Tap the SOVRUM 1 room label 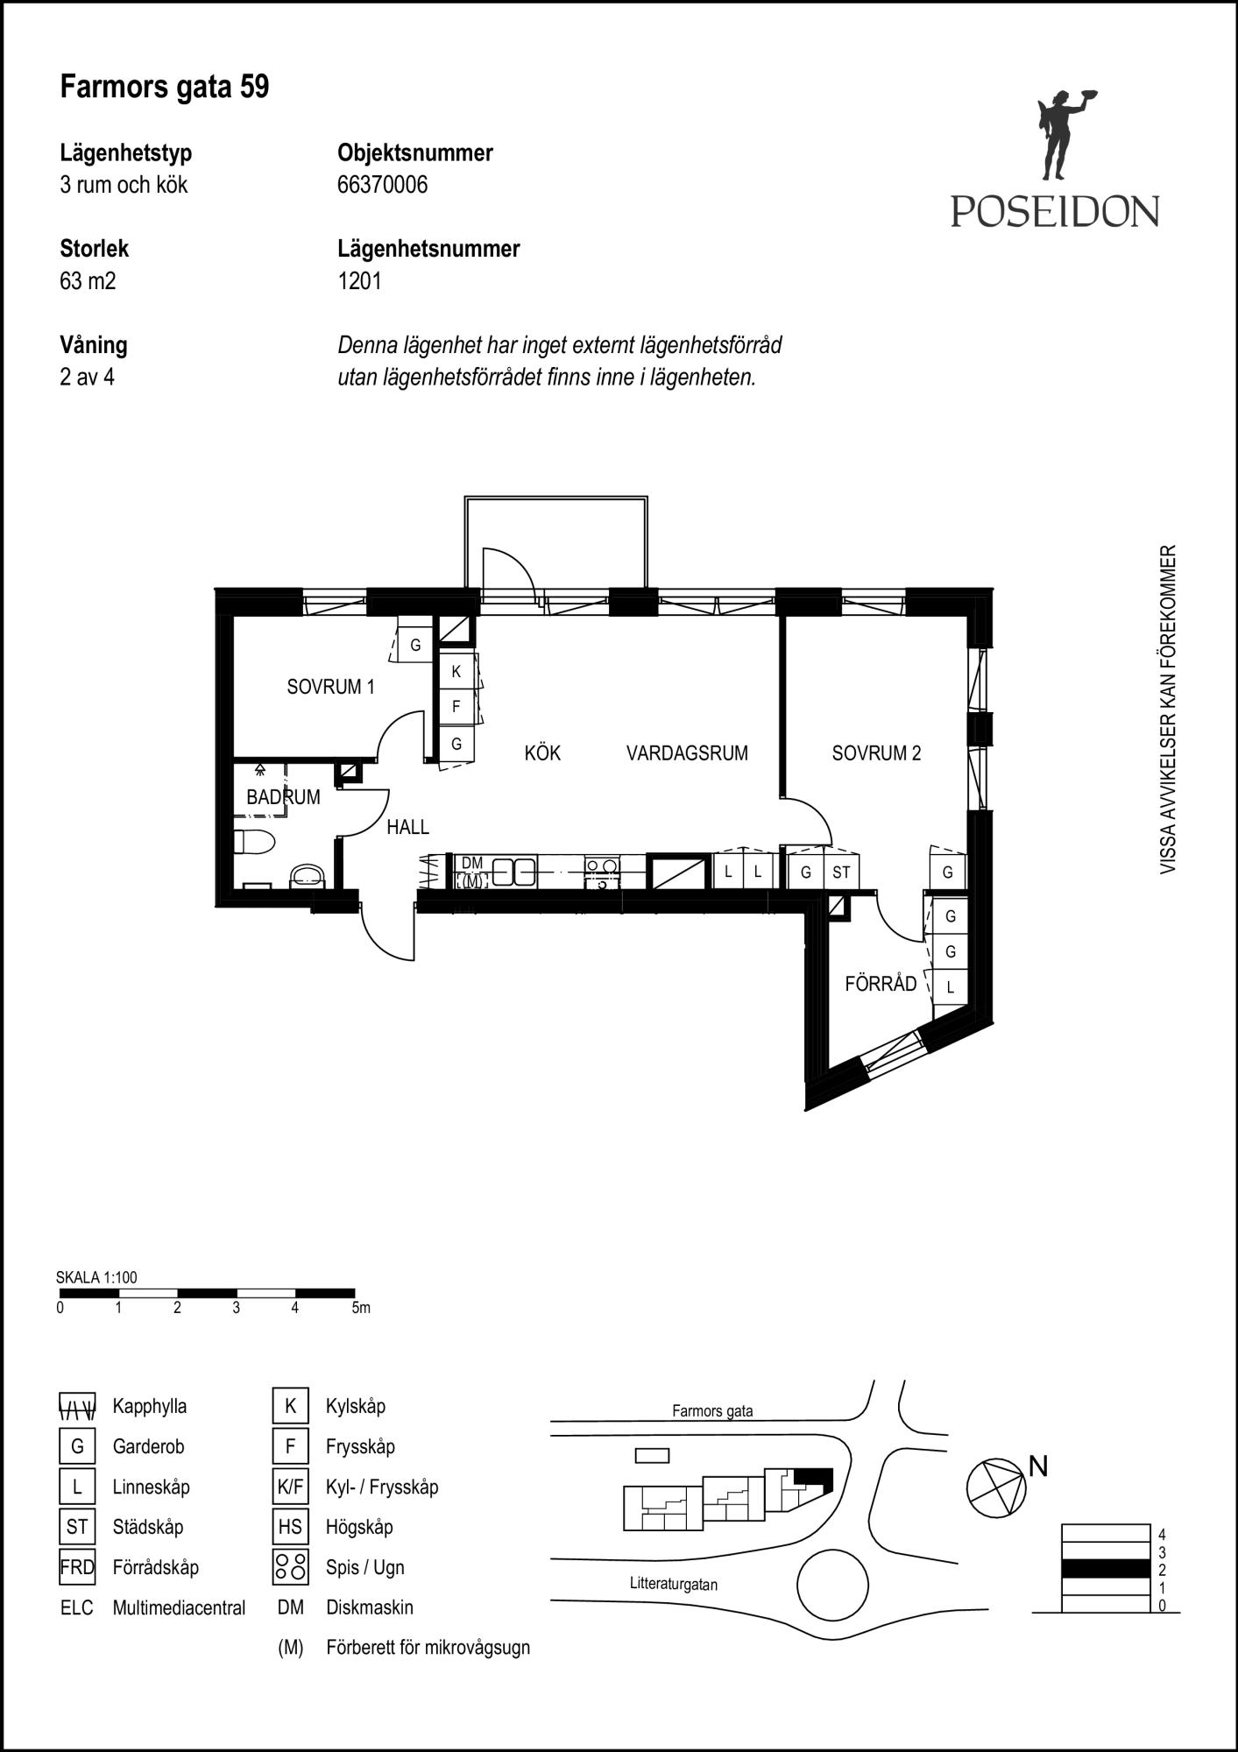pos(330,687)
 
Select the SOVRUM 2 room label pos(876,752)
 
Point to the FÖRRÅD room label pos(881,983)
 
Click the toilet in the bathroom pos(254,841)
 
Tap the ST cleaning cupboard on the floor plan pos(841,872)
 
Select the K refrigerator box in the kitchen pos(456,672)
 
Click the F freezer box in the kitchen pos(456,706)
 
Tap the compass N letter pos(1038,1466)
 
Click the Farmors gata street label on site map pos(712,1410)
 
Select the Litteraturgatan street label pos(674,1584)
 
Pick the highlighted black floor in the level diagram pos(1105,1568)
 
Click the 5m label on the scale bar pos(360,1308)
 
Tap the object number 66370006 pos(383,185)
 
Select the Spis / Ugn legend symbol pos(290,1567)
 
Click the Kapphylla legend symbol pos(77,1406)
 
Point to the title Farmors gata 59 pos(165,87)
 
